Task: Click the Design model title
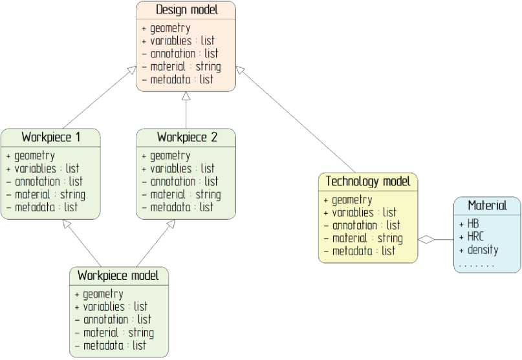point(186,10)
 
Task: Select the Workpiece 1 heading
point(51,137)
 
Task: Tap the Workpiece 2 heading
point(187,137)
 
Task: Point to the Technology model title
point(368,182)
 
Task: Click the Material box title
point(487,206)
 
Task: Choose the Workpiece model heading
point(118,275)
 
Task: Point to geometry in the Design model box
point(170,28)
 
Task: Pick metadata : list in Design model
point(181,79)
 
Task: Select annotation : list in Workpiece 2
point(184,182)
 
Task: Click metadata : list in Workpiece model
point(113,346)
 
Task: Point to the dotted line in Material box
point(476,265)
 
